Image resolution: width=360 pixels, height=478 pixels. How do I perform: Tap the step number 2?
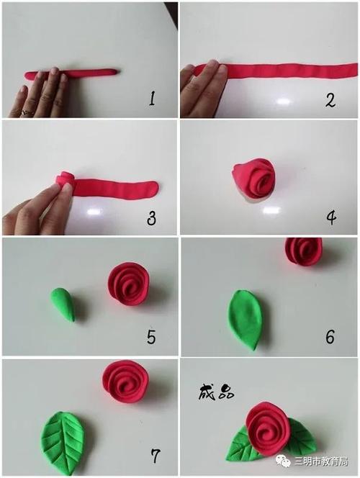(330, 99)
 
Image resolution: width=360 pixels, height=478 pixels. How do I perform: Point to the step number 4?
(330, 216)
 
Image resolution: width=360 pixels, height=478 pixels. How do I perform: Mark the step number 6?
(330, 335)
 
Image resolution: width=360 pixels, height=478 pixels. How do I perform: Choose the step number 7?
(154, 455)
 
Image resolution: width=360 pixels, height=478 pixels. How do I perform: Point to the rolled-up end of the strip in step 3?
(65, 179)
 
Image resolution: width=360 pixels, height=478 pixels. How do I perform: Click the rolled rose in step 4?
(253, 179)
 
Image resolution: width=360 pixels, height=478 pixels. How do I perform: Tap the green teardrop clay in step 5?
(63, 304)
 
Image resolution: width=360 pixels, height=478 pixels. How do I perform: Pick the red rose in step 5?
(129, 283)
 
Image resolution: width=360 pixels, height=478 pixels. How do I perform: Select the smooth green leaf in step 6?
(245, 318)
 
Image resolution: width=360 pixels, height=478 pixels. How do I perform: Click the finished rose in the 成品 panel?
(267, 428)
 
